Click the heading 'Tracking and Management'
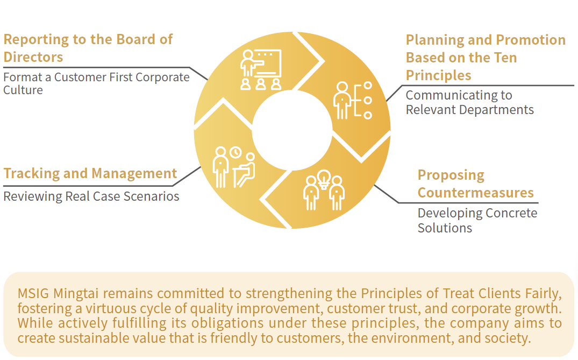tap(90, 173)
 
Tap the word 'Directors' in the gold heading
tap(33, 57)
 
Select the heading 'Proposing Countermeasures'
tap(475, 183)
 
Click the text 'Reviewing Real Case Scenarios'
tap(91, 196)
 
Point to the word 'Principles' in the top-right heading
tap(438, 75)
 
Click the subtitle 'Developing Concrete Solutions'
tap(477, 221)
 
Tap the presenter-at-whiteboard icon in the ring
tap(261, 70)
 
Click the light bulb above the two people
tap(324, 179)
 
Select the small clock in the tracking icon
tap(235, 152)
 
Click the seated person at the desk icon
tap(244, 170)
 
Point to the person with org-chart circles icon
tap(353, 100)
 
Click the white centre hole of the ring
tap(292, 130)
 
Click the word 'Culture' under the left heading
tap(23, 90)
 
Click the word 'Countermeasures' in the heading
tap(475, 193)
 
